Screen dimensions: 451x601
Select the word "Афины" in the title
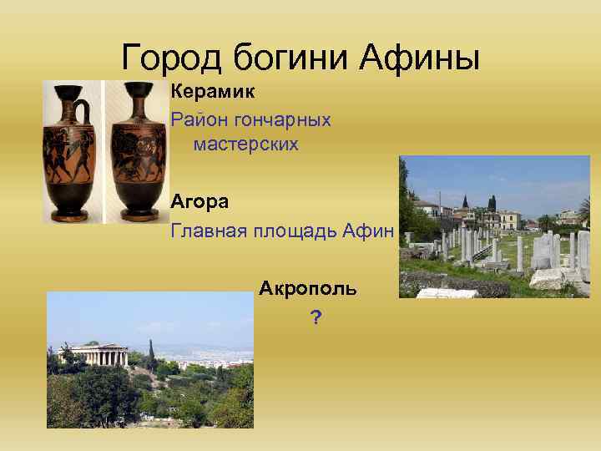421,58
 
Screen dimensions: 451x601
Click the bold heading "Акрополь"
308,289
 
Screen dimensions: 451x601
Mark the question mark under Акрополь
315,317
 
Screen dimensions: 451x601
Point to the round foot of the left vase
70,215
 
